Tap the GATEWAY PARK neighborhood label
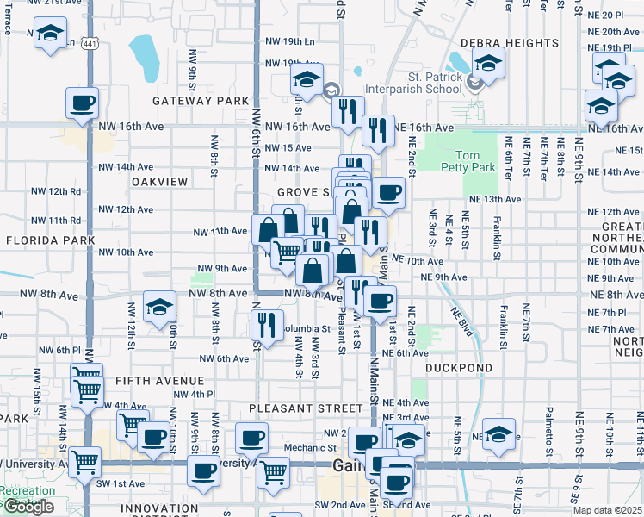point(201,101)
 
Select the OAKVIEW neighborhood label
point(159,182)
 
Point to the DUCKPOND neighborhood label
point(459,368)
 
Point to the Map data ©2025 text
point(608,510)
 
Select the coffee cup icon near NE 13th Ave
point(388,192)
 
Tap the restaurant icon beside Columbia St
point(266,324)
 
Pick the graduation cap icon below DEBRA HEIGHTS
point(488,64)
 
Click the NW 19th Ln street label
point(290,41)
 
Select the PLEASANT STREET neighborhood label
point(306,408)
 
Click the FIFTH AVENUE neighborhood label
point(147,380)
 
